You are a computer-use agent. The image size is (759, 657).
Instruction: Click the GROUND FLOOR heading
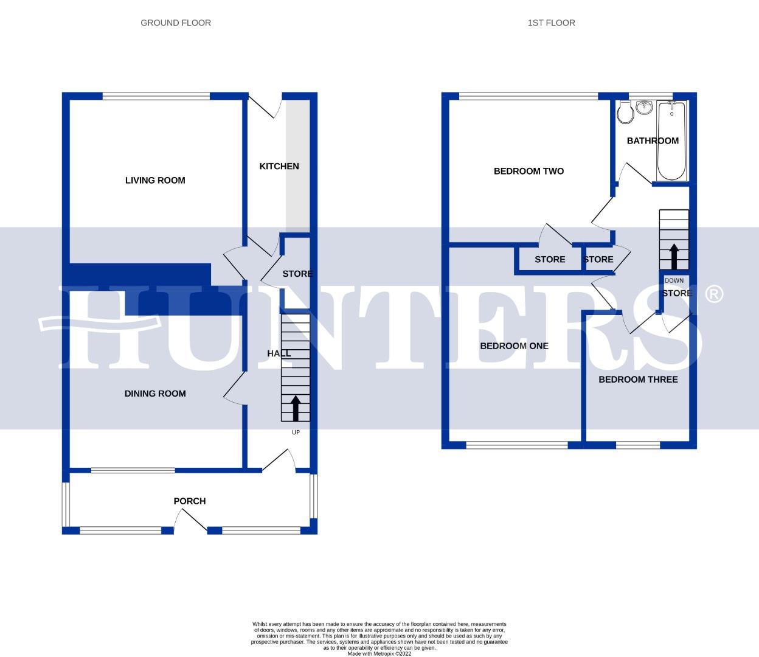[176, 23]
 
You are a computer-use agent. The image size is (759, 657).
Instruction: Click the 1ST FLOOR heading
[551, 23]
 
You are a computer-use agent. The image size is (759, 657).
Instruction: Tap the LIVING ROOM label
[155, 180]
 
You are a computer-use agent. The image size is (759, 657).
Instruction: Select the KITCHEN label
[279, 166]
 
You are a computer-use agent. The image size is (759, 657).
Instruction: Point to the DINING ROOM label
[155, 394]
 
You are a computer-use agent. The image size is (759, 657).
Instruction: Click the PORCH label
[190, 501]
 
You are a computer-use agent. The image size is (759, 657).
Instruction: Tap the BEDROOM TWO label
[529, 171]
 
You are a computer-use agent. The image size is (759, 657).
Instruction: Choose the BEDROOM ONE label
[514, 346]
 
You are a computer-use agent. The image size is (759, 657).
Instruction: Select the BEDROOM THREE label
[638, 380]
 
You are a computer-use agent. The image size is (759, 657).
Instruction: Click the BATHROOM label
[653, 141]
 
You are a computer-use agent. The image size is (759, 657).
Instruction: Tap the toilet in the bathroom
[624, 113]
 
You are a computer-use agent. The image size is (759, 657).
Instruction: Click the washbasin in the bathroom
[644, 108]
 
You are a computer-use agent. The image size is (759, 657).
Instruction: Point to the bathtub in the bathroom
[671, 141]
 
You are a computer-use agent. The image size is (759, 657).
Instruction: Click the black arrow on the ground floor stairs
[296, 408]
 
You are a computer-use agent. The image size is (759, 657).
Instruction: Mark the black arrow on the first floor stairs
[674, 256]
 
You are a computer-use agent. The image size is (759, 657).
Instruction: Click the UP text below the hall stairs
[296, 433]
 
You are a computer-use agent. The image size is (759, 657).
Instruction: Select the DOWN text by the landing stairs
[674, 281]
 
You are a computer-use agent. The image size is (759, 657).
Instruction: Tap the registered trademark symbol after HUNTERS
[713, 294]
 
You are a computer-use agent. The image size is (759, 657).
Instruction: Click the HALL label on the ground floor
[279, 353]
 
